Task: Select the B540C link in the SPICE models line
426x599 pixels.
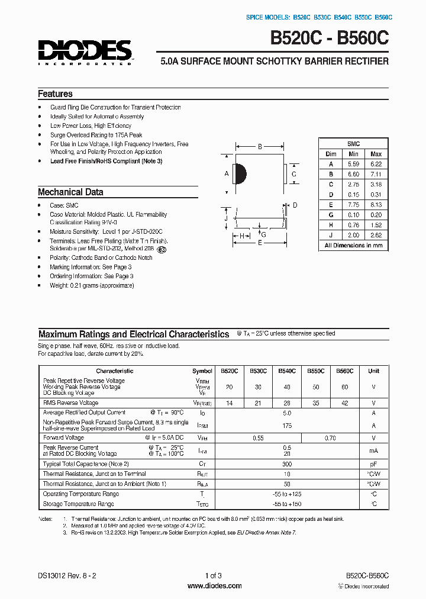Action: tap(343, 17)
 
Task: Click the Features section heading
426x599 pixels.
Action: tap(55, 94)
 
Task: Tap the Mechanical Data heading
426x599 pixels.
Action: tap(70, 192)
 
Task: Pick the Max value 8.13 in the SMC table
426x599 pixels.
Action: tap(376, 204)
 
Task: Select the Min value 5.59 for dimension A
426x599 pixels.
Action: tap(353, 163)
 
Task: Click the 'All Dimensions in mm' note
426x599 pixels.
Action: tap(353, 245)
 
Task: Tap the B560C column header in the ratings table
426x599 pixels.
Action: tap(344, 371)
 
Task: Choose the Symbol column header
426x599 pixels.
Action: tap(202, 371)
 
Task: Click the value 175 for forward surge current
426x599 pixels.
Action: tap(287, 425)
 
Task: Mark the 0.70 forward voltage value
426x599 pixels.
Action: tap(330, 438)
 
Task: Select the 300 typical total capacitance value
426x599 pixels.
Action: tap(287, 464)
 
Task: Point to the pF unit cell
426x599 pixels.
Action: tap(373, 464)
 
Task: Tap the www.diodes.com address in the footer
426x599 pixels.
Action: tap(214, 586)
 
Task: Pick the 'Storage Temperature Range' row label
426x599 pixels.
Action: tap(78, 504)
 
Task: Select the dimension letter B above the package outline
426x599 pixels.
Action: tap(260, 146)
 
